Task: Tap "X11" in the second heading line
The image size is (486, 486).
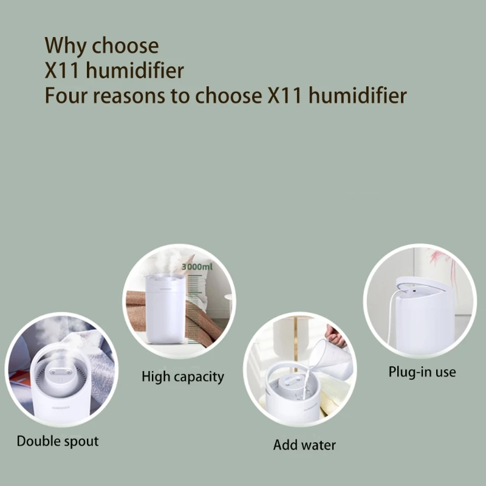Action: click(62, 70)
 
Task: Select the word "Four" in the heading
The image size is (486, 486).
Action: click(66, 95)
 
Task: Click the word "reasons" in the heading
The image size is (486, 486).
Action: click(129, 96)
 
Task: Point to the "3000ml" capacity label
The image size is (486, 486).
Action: click(197, 267)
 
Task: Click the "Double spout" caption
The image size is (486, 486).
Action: click(58, 442)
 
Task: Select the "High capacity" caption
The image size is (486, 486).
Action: click(183, 377)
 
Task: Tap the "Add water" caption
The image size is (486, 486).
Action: click(304, 445)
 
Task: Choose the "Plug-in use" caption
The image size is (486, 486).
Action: click(422, 372)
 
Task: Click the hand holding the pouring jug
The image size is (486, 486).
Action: click(336, 337)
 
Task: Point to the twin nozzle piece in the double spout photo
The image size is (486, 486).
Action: click(60, 372)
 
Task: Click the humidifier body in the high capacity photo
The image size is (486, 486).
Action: click(165, 309)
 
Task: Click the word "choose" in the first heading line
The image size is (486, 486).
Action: click(125, 47)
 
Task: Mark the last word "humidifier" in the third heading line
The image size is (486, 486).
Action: click(358, 95)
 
